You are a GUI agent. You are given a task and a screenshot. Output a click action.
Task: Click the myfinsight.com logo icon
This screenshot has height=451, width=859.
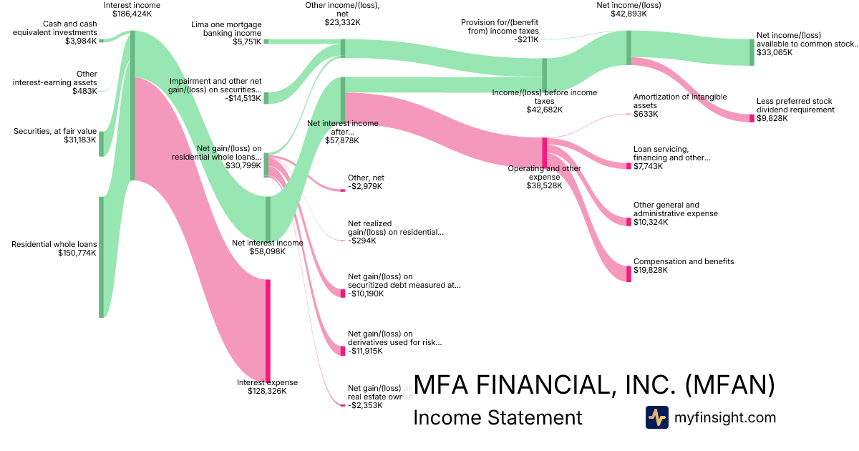coord(656,417)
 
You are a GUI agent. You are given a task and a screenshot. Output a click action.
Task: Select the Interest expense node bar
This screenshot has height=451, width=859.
coord(268,330)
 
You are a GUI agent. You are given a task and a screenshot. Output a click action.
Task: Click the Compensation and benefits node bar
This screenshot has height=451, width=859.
coord(629,273)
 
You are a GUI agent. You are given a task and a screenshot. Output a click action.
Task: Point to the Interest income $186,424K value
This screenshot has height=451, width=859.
coord(132,14)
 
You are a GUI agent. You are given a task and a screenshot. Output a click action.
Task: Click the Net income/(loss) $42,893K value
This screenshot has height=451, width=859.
coord(628,14)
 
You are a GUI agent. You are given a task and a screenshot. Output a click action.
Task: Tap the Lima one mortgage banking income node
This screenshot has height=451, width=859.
coord(266,42)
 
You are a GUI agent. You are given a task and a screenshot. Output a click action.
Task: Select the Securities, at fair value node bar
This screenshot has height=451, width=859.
coord(102,143)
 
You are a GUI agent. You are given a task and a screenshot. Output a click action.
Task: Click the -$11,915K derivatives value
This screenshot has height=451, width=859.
coord(365,351)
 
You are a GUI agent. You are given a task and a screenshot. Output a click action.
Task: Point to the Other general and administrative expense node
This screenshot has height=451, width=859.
coord(629,222)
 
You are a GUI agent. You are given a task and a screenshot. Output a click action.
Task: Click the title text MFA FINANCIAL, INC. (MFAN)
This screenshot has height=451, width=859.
coord(594,385)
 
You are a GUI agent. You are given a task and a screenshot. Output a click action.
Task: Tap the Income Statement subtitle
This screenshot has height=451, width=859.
coord(498,418)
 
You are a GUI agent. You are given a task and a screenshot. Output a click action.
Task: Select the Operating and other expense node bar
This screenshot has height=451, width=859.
coord(544,152)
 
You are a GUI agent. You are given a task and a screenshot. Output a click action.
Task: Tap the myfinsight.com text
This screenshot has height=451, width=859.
coord(724,417)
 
